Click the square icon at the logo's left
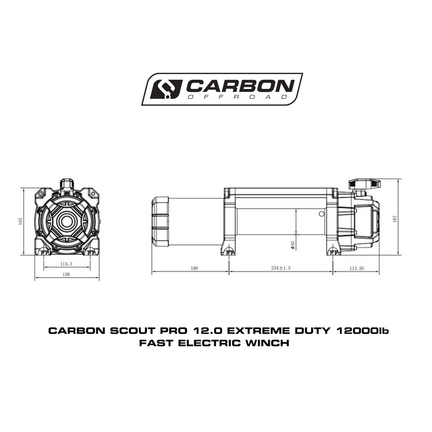tap(166, 89)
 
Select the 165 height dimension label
tap(20, 221)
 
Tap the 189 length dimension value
tap(194, 269)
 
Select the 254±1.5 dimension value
tap(281, 269)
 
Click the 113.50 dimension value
tap(357, 269)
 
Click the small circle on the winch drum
tap(322, 214)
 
